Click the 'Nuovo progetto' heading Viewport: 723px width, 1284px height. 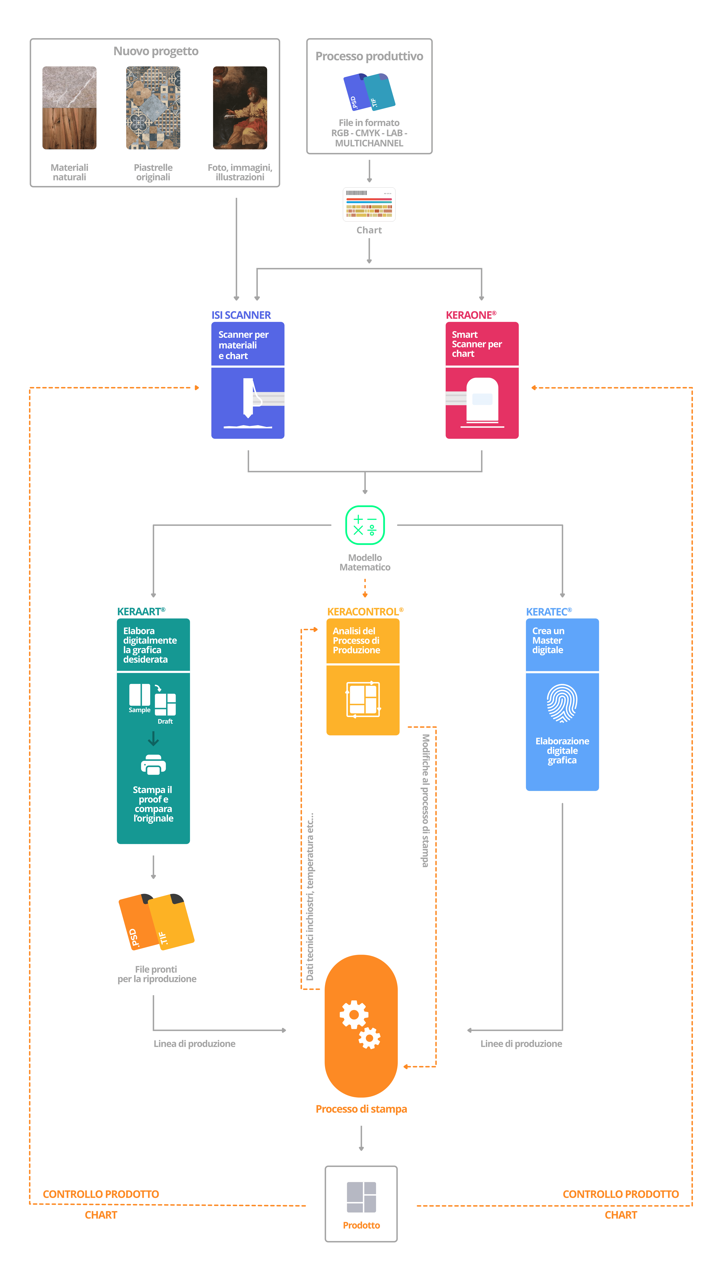(156, 51)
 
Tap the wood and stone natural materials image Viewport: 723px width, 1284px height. (69, 108)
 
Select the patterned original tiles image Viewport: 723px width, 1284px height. (153, 108)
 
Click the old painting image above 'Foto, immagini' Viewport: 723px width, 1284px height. (240, 108)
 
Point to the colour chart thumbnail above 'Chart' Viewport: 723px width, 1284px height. (369, 204)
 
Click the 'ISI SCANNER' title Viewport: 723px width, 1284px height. (241, 315)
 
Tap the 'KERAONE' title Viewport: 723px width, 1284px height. (471, 315)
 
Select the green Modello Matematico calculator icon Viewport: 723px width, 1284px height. (365, 525)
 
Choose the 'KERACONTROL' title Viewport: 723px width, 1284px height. (365, 612)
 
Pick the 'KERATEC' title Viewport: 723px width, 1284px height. (549, 612)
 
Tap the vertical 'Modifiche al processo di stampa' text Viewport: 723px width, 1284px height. (425, 801)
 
